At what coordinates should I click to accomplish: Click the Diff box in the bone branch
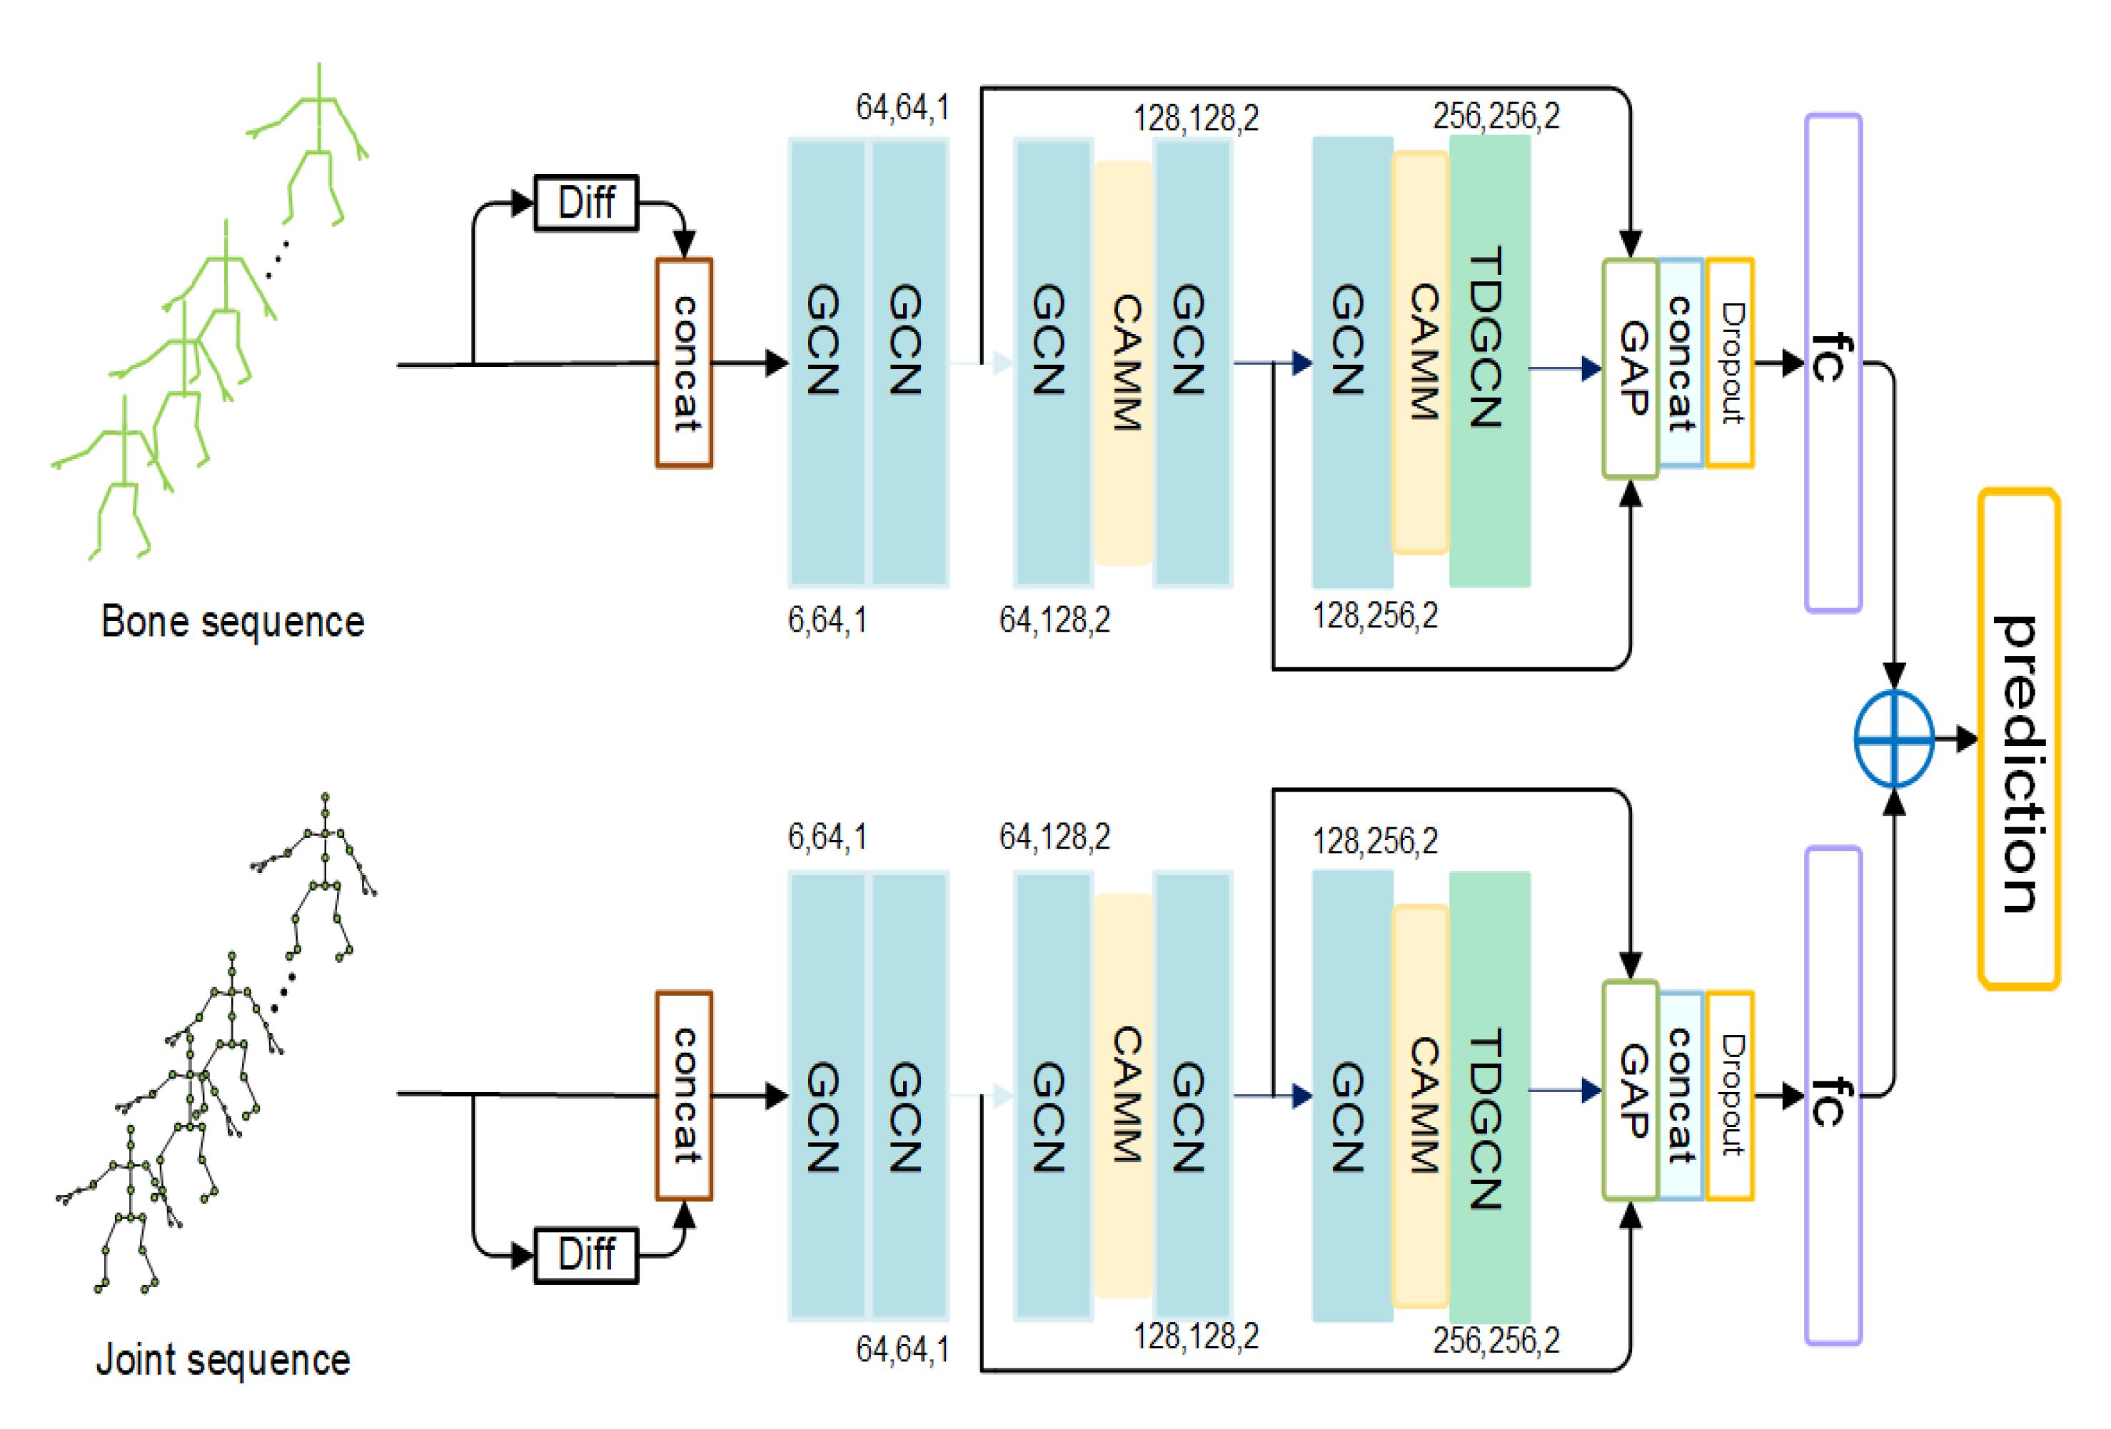[x=586, y=203]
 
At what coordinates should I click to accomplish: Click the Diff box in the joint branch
[x=586, y=1255]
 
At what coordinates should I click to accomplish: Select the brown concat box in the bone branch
[x=684, y=363]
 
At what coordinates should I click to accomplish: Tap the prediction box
[x=2018, y=739]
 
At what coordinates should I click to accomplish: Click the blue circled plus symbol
[x=1893, y=739]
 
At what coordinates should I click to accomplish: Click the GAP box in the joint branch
[x=1631, y=1090]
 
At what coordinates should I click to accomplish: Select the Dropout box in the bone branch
[x=1730, y=363]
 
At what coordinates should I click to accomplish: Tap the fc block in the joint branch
[x=1833, y=1096]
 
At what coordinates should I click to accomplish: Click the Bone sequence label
[x=233, y=622]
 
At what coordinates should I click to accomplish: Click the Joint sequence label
[x=223, y=1360]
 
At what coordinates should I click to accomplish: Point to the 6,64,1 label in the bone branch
[x=827, y=620]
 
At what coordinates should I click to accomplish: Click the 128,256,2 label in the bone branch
[x=1374, y=616]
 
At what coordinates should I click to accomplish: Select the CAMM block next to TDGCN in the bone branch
[x=1420, y=353]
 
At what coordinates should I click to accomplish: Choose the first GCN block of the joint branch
[x=826, y=1096]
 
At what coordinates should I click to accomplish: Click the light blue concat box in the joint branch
[x=1681, y=1096]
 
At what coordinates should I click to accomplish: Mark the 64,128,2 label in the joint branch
[x=1054, y=837]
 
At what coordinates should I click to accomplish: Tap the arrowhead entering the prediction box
[x=1968, y=739]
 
